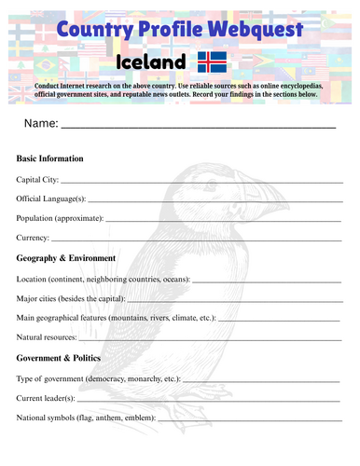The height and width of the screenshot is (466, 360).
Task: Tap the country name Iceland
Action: point(151,62)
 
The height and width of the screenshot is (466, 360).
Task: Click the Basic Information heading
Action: point(49,158)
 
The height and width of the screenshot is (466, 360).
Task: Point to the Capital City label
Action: point(37,179)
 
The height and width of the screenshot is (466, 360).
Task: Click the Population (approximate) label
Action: point(60,218)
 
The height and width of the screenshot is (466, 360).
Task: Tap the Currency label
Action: point(34,238)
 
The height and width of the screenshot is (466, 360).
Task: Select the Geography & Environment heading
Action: point(66,258)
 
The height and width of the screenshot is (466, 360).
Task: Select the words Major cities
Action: point(40,298)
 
